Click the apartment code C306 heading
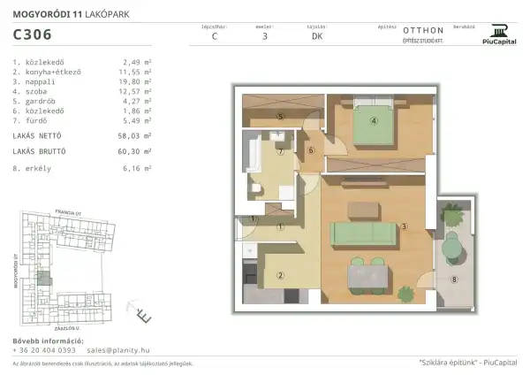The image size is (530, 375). (32, 35)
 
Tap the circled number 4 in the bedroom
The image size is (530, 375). (375, 122)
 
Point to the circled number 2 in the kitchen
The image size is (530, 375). (281, 274)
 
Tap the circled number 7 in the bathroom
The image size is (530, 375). (281, 152)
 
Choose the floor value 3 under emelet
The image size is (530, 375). (265, 37)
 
